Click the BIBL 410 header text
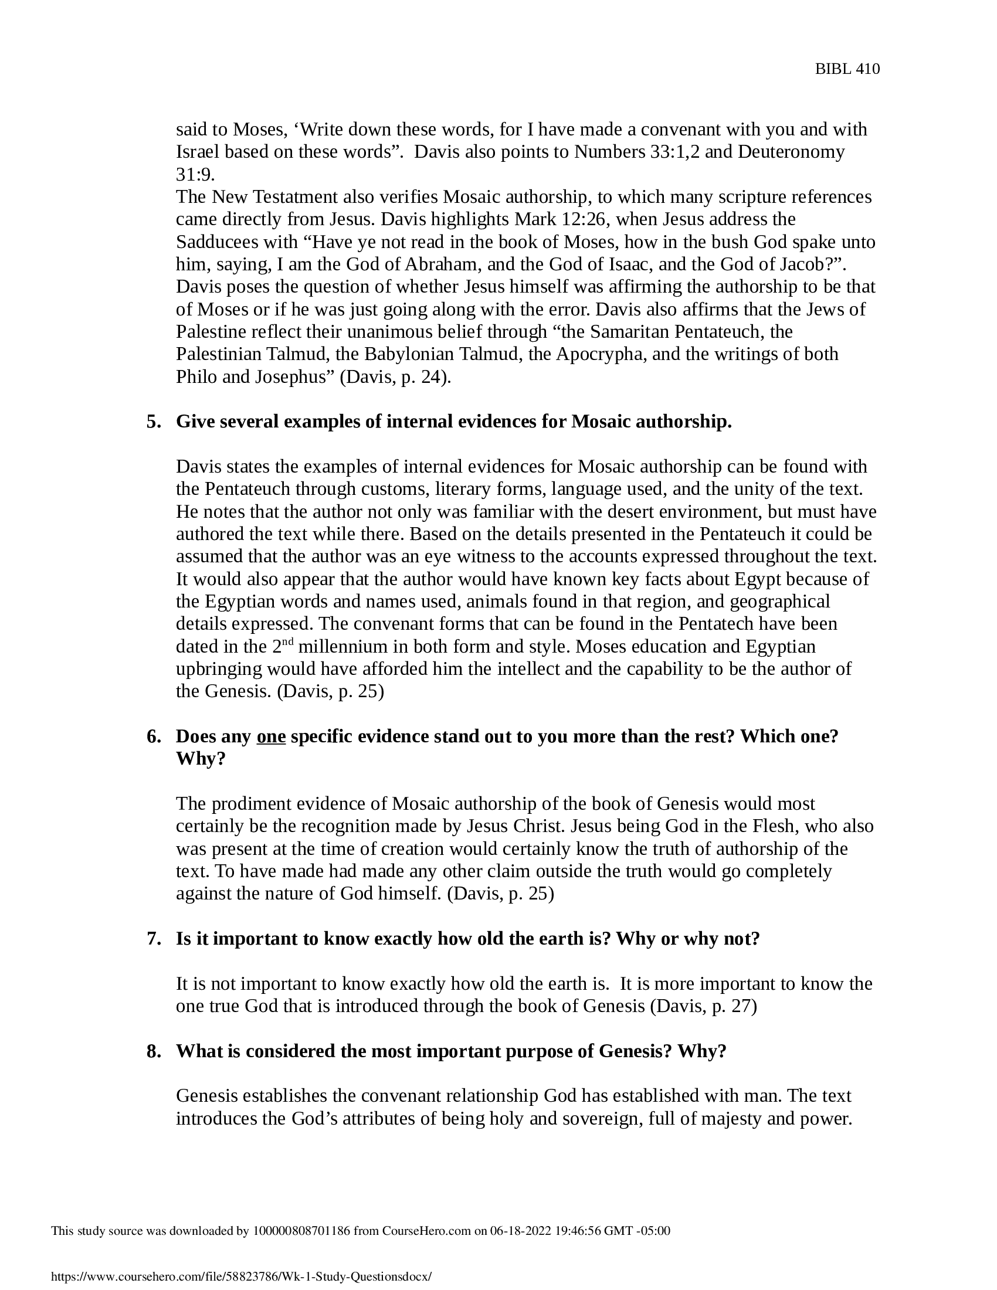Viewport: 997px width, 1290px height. [847, 69]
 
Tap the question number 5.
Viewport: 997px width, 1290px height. [154, 422]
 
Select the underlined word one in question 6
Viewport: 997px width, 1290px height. [271, 736]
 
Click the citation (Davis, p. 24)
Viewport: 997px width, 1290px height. [395, 377]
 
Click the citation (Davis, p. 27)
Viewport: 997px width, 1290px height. [703, 1006]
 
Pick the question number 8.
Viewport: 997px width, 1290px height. [154, 1051]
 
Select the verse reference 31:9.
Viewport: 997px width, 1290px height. [195, 174]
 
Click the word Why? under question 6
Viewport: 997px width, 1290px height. [201, 759]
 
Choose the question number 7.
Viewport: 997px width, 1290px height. [154, 939]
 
